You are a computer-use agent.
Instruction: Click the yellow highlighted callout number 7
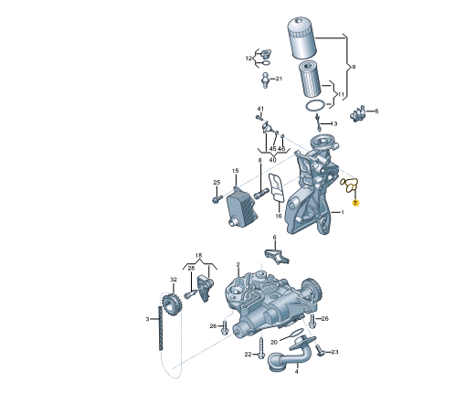(x=355, y=203)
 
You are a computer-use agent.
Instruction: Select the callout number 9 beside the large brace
(x=354, y=67)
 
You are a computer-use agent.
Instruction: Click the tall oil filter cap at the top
(x=302, y=38)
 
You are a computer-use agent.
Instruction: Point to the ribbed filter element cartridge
(x=310, y=80)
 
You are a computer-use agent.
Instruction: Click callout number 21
(x=279, y=79)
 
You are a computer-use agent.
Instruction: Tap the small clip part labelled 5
(x=358, y=113)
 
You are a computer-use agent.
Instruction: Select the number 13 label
(x=334, y=123)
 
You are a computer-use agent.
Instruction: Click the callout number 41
(x=260, y=109)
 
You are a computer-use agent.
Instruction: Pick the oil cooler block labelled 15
(x=242, y=207)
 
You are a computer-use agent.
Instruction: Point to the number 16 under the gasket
(x=279, y=216)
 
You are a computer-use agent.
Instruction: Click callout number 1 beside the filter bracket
(x=343, y=212)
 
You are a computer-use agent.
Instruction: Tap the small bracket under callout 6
(x=276, y=256)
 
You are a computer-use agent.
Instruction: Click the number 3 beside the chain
(x=147, y=319)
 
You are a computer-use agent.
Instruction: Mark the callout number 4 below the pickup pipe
(x=296, y=371)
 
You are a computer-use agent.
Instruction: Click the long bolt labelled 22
(x=261, y=348)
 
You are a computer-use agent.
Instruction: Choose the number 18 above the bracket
(x=198, y=255)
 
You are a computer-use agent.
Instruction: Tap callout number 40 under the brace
(x=272, y=159)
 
